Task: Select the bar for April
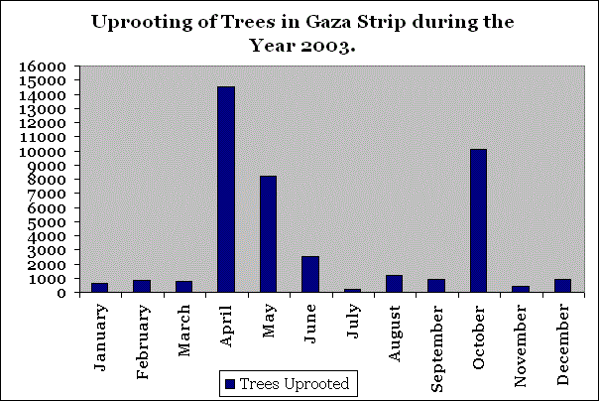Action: coord(226,189)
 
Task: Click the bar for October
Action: coord(479,220)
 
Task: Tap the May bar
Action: coord(268,234)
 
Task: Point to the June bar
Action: coord(310,274)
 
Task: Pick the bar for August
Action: coord(395,283)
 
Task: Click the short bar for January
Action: coord(99,287)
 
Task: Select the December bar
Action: coord(563,285)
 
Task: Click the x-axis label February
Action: coord(142,336)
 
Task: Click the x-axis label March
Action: coord(184,328)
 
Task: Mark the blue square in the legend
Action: coord(231,382)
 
